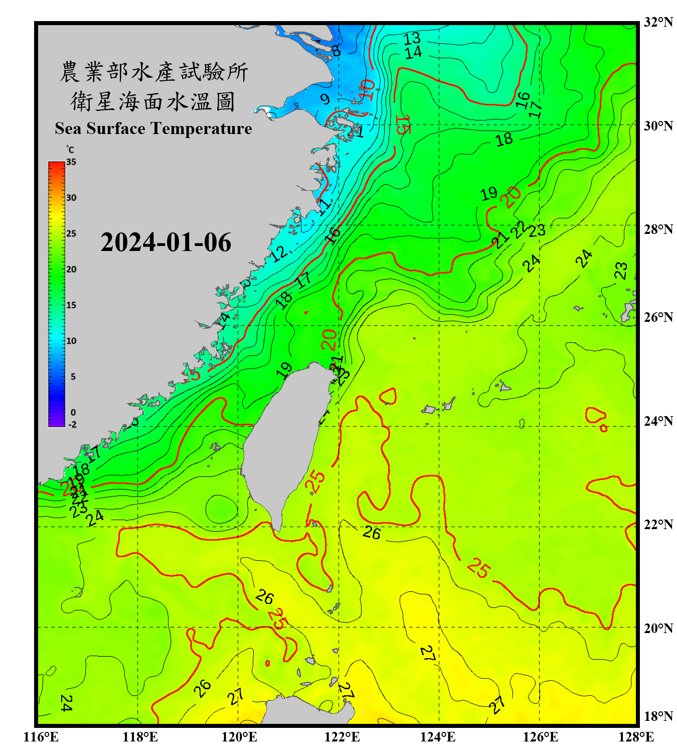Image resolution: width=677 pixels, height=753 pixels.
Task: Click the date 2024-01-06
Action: [165, 242]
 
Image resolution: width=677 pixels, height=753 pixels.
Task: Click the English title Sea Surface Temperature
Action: [153, 129]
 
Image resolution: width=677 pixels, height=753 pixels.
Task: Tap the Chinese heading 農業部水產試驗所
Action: [154, 72]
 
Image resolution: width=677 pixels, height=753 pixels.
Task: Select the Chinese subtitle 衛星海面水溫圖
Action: [153, 101]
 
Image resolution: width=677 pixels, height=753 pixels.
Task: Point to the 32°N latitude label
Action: [658, 22]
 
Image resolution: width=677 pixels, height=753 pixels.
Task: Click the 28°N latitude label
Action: [658, 229]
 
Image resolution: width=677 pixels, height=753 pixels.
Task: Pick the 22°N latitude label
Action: [658, 525]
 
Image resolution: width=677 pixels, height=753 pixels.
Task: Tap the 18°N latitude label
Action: [658, 716]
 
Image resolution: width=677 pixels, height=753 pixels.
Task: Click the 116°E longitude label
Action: [41, 737]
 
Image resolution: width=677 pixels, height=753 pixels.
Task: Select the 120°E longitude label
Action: [239, 737]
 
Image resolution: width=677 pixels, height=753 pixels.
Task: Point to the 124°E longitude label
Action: [438, 737]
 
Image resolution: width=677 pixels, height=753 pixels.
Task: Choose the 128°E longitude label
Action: [636, 737]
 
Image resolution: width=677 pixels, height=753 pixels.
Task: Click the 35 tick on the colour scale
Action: [71, 162]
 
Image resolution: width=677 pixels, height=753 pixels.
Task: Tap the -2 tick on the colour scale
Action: [72, 425]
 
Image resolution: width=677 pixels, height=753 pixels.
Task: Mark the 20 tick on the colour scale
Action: [71, 270]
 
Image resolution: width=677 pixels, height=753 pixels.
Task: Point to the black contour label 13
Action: [412, 38]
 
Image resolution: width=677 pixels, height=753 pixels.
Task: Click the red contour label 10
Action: [368, 90]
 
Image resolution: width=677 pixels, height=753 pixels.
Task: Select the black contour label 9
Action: [325, 99]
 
